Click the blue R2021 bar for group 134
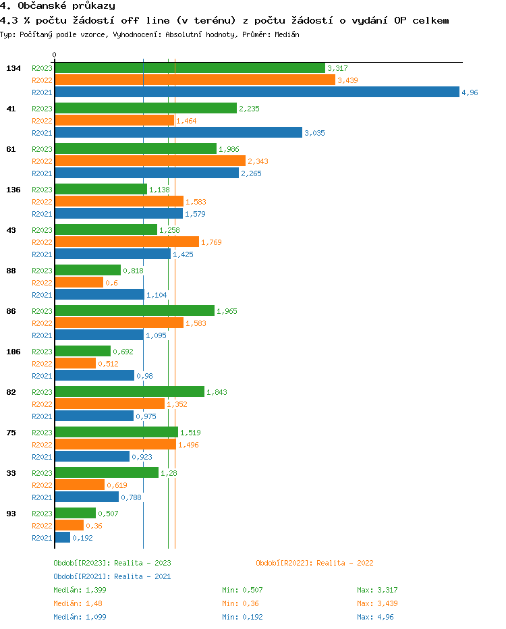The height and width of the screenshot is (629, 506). (257, 92)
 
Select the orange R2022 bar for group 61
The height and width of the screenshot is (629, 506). (150, 161)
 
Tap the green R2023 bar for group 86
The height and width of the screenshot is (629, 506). (134, 311)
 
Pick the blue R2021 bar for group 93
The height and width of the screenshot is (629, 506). (63, 538)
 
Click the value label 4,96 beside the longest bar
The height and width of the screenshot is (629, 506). (470, 92)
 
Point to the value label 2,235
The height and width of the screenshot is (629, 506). (249, 109)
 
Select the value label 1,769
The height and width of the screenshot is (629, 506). (211, 242)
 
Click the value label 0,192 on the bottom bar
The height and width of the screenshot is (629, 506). (82, 538)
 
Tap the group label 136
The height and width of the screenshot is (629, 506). (13, 190)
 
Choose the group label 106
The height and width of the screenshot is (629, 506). (13, 352)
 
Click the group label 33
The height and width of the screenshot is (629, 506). (11, 473)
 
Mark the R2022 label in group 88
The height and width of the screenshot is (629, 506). (42, 283)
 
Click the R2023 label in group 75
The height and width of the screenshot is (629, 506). (42, 433)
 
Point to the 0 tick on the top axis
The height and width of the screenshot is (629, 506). (55, 55)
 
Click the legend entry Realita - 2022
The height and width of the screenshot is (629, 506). (314, 563)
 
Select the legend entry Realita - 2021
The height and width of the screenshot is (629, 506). (112, 576)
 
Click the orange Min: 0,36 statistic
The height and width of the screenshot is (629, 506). (240, 603)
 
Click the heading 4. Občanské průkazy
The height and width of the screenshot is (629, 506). (57, 6)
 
